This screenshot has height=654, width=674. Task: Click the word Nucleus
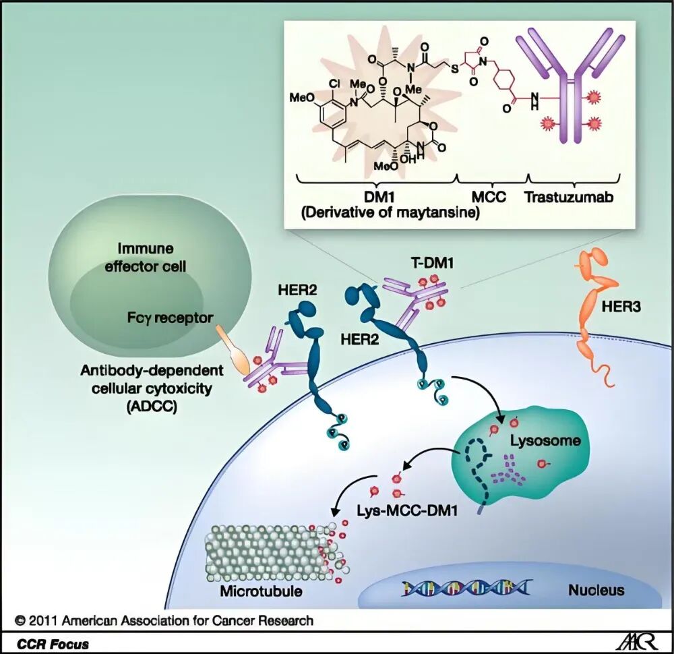point(596,590)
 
